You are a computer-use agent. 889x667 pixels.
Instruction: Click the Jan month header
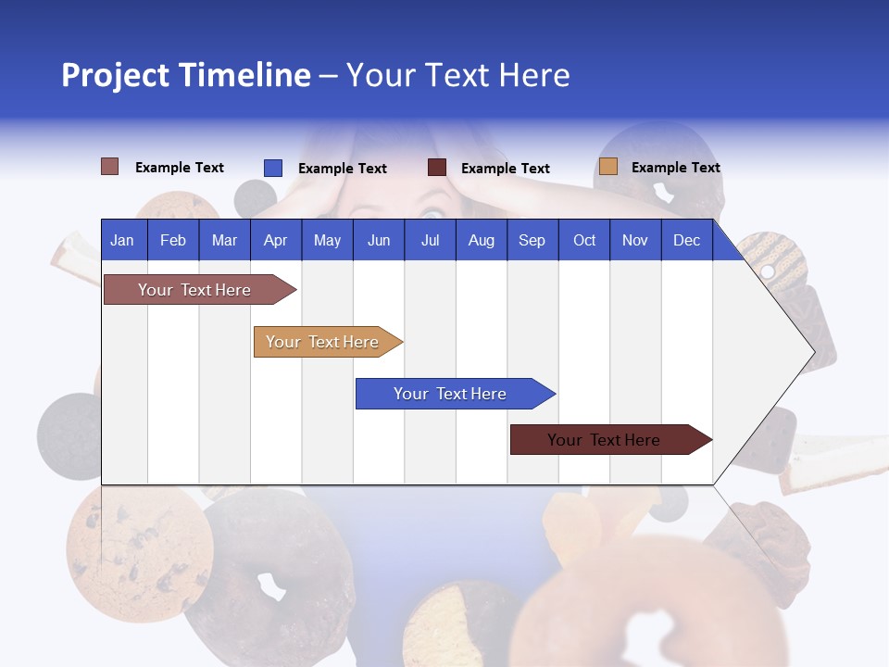[122, 240]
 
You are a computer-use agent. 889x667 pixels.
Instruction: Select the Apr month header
[275, 240]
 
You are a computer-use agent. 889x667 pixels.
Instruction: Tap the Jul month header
[430, 240]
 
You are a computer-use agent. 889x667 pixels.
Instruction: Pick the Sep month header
[532, 240]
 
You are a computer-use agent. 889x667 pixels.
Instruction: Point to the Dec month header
[686, 240]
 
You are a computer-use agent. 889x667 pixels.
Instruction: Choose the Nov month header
[634, 240]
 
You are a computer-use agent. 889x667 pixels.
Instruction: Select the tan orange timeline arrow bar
[324, 342]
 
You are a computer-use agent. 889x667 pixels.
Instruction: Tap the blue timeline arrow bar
[452, 394]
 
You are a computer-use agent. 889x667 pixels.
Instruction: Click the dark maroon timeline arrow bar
[607, 440]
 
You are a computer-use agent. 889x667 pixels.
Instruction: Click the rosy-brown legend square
[109, 167]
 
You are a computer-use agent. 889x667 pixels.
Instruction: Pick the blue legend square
[272, 168]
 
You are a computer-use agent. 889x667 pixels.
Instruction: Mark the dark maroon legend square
[436, 168]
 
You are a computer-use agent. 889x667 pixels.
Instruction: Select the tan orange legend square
[607, 167]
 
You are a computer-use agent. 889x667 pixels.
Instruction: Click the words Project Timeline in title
[185, 75]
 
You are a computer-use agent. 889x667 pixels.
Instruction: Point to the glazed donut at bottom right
[648, 602]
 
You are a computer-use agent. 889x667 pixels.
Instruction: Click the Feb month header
[172, 240]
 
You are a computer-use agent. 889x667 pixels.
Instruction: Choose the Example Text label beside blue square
[342, 169]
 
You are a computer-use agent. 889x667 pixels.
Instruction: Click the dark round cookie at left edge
[67, 435]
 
